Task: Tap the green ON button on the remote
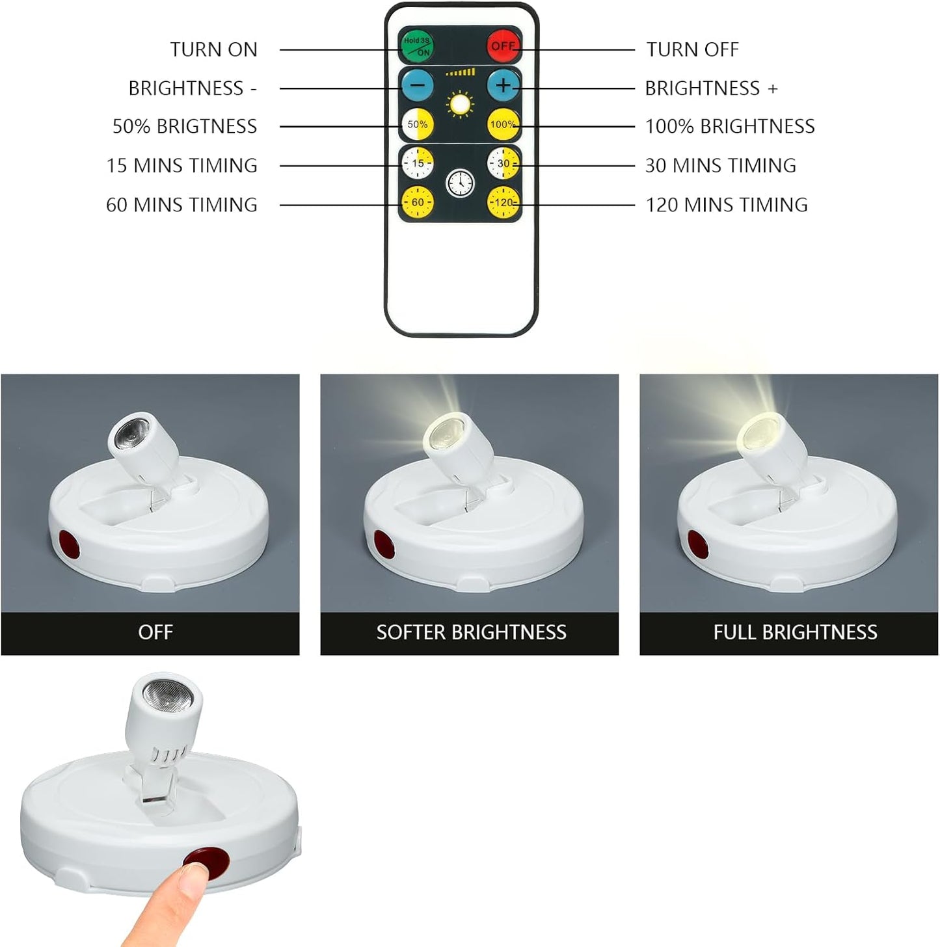[x=416, y=46]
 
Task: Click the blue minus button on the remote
[x=417, y=85]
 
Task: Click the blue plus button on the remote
[x=504, y=85]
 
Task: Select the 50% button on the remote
[x=417, y=124]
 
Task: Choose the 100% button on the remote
[x=503, y=124]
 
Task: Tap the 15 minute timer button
[x=417, y=163]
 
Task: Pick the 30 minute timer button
[x=504, y=163]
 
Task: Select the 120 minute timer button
[x=504, y=202]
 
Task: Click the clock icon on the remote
[x=460, y=183]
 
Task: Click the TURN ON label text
[x=213, y=49]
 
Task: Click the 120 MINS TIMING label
[x=726, y=205]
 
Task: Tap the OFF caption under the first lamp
[x=155, y=632]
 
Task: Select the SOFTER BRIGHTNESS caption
[x=471, y=632]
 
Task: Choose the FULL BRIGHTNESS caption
[x=795, y=632]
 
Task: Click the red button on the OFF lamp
[x=66, y=546]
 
